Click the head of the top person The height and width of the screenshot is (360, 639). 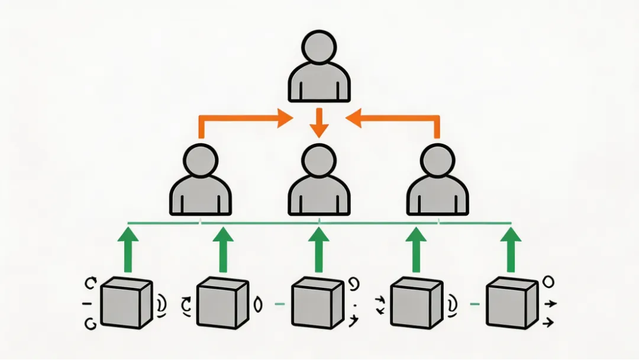[319, 47]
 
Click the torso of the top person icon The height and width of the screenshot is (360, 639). [319, 84]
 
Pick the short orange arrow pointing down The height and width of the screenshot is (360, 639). [319, 123]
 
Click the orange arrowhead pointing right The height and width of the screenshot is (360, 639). [284, 118]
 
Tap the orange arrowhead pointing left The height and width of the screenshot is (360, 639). [354, 118]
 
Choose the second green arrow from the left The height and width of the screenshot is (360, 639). [223, 249]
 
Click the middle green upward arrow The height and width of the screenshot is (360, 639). [319, 249]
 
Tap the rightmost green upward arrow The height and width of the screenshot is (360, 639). [511, 249]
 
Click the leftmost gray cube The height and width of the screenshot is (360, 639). [126, 304]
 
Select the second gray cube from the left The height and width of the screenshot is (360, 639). [221, 304]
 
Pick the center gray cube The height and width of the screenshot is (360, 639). [318, 304]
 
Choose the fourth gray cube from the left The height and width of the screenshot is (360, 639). [415, 304]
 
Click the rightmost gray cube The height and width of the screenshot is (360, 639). [510, 304]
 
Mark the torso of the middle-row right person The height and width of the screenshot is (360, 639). [438, 197]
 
